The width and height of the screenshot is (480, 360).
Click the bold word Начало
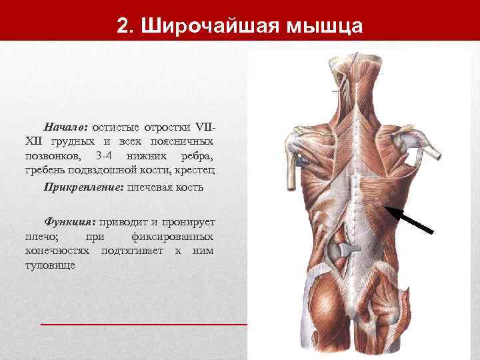pyautogui.click(x=65, y=126)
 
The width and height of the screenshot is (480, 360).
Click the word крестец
pyautogui.click(x=197, y=171)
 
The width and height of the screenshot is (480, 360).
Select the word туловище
pyautogui.click(x=50, y=265)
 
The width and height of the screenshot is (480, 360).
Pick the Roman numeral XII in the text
pyautogui.click(x=33, y=141)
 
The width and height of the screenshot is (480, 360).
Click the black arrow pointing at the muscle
pyautogui.click(x=410, y=220)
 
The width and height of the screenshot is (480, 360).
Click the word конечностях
pyautogui.click(x=57, y=251)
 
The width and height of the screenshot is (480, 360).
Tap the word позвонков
pyautogui.click(x=52, y=156)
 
